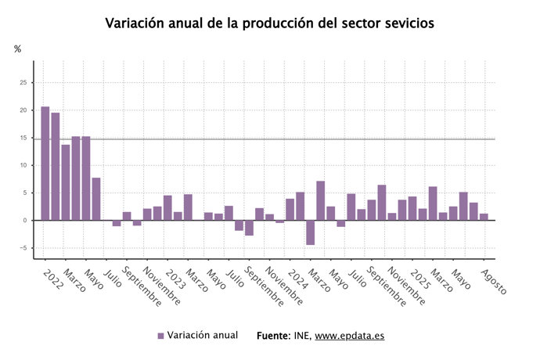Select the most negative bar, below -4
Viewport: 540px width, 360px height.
pyautogui.click(x=311, y=232)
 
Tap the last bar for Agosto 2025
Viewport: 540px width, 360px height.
pyautogui.click(x=484, y=217)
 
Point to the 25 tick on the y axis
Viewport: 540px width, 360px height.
pyautogui.click(x=23, y=83)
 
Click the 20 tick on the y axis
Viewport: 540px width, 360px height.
pyautogui.click(x=23, y=110)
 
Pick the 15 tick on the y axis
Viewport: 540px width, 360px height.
pyautogui.click(x=23, y=138)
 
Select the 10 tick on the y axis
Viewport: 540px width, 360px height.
pyautogui.click(x=23, y=166)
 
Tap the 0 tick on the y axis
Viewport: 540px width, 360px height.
pyautogui.click(x=25, y=221)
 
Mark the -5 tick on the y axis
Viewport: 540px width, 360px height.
pyautogui.click(x=23, y=248)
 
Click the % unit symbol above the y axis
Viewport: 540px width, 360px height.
pyautogui.click(x=18, y=49)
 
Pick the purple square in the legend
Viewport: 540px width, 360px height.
pyautogui.click(x=160, y=336)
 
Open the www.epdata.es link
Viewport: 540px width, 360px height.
pyautogui.click(x=350, y=336)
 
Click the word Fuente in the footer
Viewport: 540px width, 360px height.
pyautogui.click(x=275, y=336)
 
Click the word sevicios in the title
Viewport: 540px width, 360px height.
pyautogui.click(x=401, y=23)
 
